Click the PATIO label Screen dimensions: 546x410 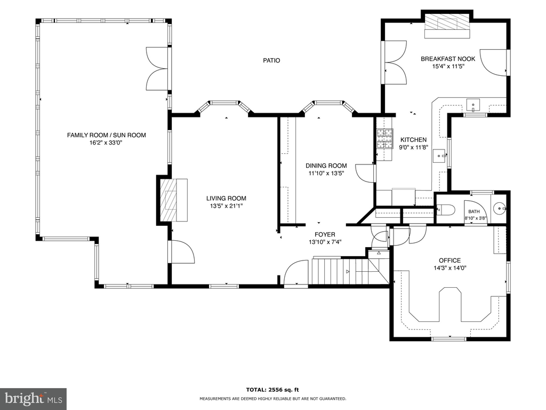[271, 60]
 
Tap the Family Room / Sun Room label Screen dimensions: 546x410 [107, 135]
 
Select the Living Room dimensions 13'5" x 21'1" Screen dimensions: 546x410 [226, 206]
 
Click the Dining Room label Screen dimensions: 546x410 [326, 165]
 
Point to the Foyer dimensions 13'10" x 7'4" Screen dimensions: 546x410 [325, 242]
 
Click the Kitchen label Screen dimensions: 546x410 [413, 139]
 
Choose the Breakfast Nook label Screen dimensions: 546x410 [448, 59]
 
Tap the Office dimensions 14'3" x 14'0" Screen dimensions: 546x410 [450, 268]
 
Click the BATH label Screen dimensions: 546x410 [474, 211]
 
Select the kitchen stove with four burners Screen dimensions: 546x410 [384, 138]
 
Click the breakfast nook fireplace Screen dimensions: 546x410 [447, 26]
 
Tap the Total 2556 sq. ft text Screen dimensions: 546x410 [272, 390]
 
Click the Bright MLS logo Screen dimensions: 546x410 [34, 398]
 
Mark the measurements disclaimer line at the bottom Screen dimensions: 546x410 [272, 398]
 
